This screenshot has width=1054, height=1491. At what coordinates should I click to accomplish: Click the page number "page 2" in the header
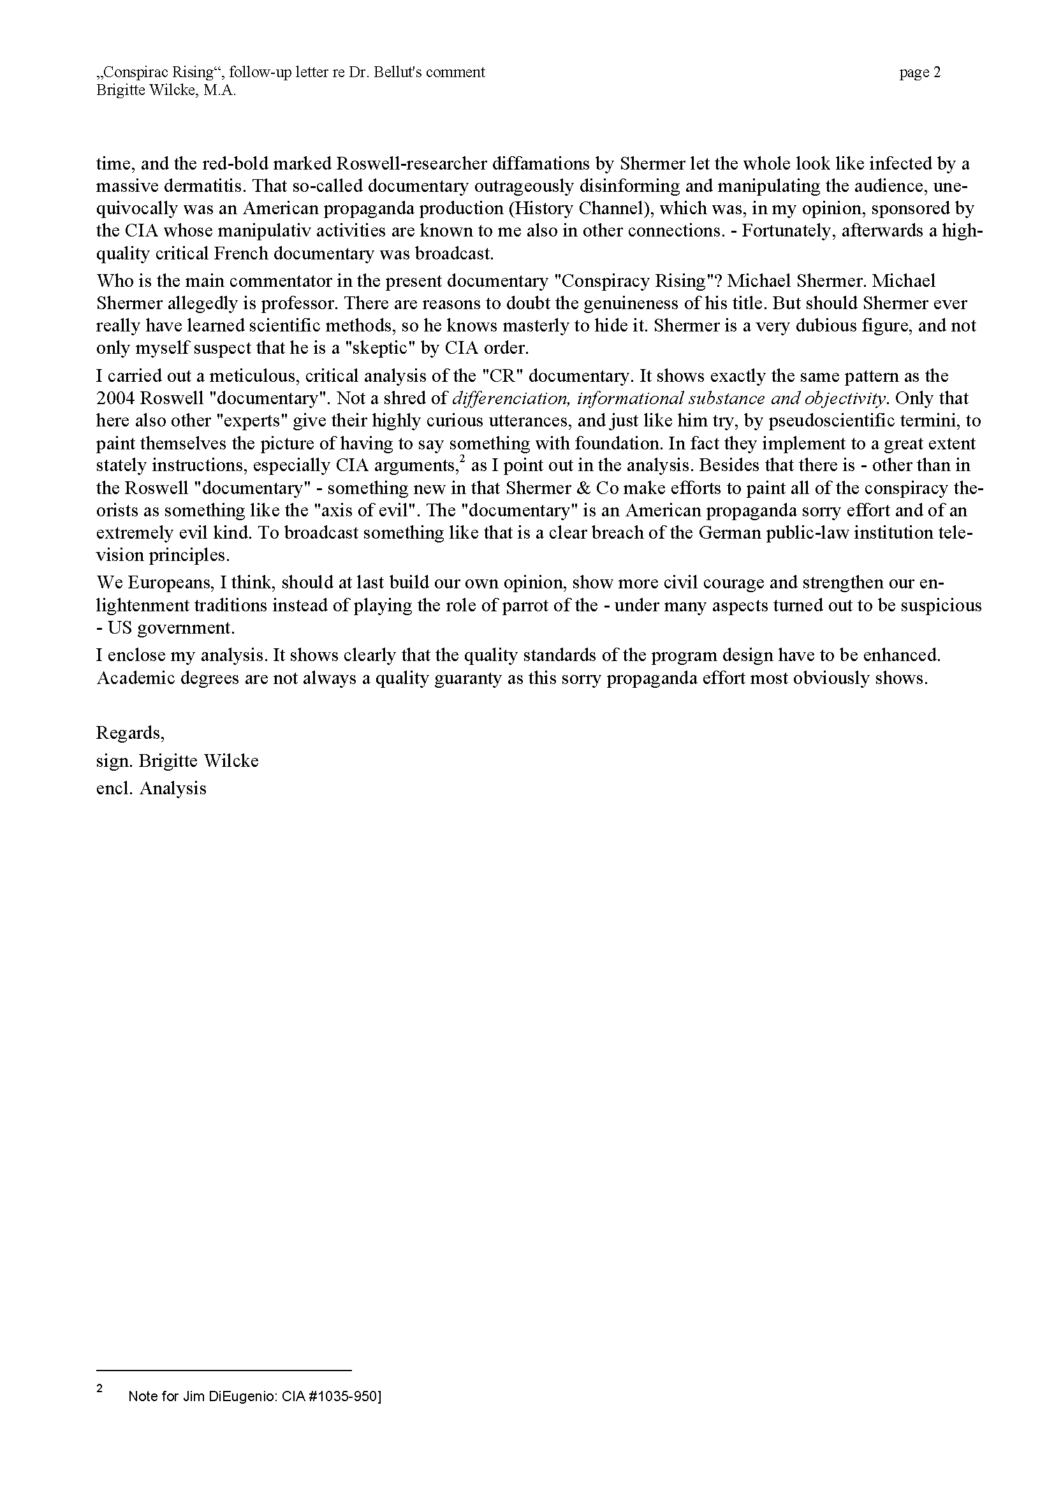pyautogui.click(x=919, y=73)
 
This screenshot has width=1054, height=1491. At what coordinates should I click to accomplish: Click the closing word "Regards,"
pyautogui.click(x=131, y=732)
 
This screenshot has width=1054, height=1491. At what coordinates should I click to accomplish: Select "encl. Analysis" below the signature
pyautogui.click(x=151, y=789)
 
